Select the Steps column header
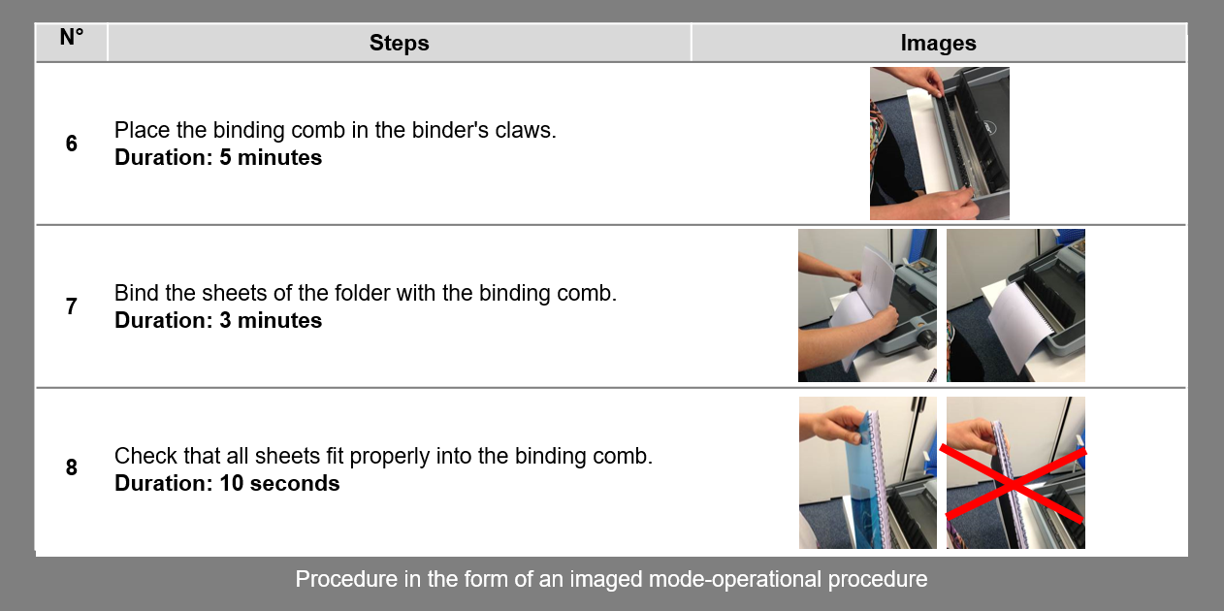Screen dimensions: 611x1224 click(399, 43)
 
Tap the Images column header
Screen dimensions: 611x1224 click(938, 43)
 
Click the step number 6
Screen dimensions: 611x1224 click(72, 144)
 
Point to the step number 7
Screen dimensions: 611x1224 click(72, 306)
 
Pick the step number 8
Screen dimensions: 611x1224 click(72, 467)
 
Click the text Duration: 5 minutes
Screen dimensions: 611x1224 click(218, 157)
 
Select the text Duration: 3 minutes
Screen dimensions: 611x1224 click(218, 320)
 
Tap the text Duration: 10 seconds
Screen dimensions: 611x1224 click(227, 483)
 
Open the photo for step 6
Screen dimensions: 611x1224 click(939, 144)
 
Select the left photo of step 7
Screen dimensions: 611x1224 click(867, 305)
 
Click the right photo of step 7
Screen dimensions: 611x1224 click(1015, 305)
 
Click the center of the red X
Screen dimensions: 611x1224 click(1013, 482)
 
